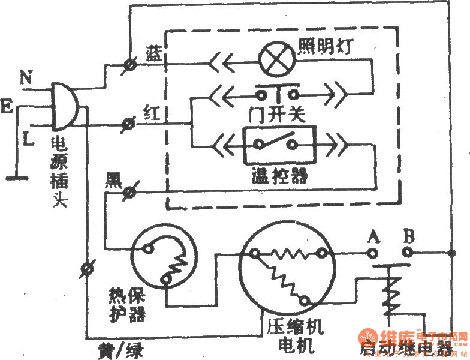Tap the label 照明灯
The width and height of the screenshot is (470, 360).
tap(326, 46)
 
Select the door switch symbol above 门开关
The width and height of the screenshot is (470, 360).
tap(278, 93)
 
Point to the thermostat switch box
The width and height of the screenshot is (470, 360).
tap(278, 145)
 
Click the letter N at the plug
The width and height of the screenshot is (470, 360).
tap(25, 77)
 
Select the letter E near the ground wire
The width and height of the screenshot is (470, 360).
tap(8, 107)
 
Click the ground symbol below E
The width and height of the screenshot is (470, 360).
tap(17, 177)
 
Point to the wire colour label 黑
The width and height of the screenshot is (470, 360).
tap(114, 178)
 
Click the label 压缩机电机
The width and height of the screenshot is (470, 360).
tap(293, 336)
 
